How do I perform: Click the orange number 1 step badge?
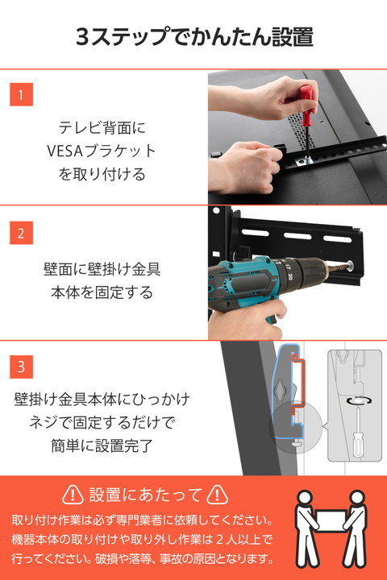tap(21, 94)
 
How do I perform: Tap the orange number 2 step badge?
tap(21, 233)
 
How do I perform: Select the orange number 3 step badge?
tap(21, 367)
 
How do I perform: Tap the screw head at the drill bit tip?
tap(350, 264)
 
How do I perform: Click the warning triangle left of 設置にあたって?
tap(73, 495)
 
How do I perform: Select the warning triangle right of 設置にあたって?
tap(217, 495)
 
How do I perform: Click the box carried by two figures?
tap(331, 521)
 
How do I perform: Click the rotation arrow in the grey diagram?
tap(359, 400)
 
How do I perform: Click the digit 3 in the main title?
tap(82, 36)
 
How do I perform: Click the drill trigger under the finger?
tap(272, 317)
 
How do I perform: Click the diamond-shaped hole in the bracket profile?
tap(281, 389)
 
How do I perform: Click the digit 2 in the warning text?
tap(220, 540)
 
